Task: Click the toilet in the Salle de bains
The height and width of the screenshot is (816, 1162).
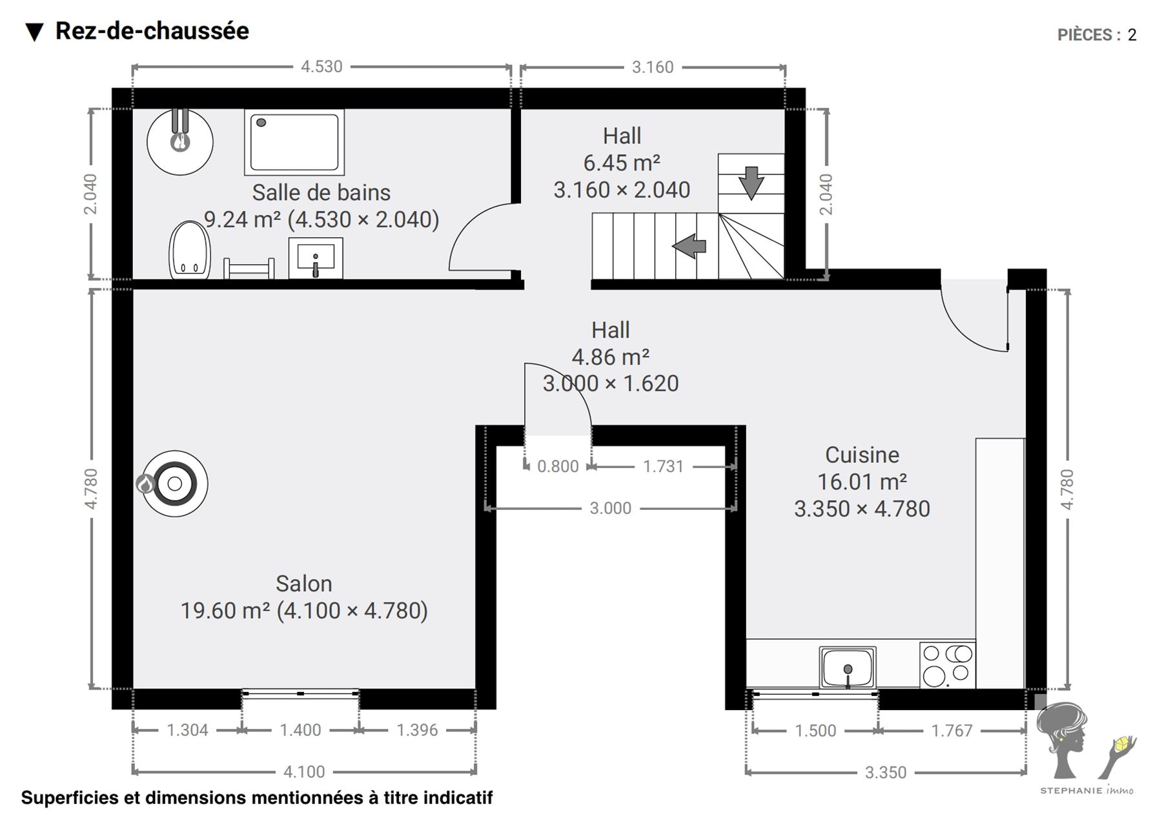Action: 190,250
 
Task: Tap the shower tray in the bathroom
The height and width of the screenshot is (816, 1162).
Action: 294,142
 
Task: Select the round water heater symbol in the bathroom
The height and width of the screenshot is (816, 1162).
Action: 180,142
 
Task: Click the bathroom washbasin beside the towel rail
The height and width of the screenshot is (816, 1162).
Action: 316,258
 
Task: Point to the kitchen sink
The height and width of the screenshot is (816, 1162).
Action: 848,668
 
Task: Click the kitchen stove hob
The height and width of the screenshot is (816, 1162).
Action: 948,665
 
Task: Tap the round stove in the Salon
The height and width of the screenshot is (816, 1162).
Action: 174,483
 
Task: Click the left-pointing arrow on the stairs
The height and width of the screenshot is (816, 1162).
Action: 689,246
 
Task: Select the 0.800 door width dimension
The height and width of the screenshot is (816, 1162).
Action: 558,466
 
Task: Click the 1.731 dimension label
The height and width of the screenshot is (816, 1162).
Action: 663,466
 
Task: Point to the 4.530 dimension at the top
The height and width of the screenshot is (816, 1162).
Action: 321,66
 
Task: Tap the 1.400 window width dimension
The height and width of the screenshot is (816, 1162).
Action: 300,730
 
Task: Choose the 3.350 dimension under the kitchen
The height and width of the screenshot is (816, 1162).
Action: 886,772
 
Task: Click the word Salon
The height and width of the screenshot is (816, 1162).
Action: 304,584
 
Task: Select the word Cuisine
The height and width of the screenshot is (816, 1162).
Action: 862,454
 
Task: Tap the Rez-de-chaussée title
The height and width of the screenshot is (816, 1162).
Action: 152,31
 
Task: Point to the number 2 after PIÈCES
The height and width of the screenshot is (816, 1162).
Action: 1132,35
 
